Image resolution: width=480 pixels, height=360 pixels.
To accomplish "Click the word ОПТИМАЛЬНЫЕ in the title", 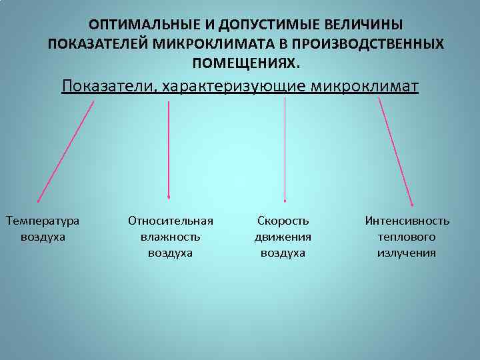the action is click(x=137, y=25).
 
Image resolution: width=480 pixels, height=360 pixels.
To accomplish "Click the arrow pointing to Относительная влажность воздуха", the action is click(x=169, y=150).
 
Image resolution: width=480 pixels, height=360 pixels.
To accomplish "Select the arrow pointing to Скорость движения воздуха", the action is click(x=285, y=150).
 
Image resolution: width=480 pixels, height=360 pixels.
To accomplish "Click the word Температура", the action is click(x=42, y=221).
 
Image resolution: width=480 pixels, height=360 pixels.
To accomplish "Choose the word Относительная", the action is click(x=170, y=221).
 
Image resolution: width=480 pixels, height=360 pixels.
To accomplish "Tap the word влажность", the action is click(x=170, y=237).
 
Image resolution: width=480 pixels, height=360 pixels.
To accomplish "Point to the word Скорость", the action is click(x=283, y=221).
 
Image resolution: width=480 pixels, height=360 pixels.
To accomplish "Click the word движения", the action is click(x=283, y=237).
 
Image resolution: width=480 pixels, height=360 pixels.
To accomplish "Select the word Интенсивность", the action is click(x=407, y=221).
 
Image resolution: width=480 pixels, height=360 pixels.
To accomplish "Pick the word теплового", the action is click(x=407, y=237).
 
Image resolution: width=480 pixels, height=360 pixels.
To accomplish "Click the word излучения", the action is click(x=407, y=253).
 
